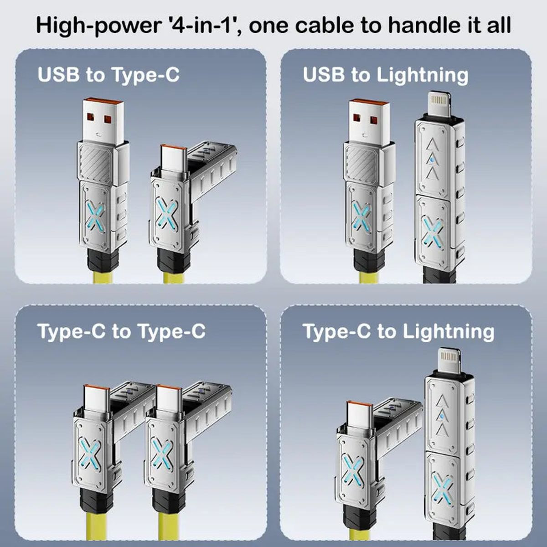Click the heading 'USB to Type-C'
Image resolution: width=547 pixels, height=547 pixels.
108,75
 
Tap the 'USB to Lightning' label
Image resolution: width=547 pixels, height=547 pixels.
385,75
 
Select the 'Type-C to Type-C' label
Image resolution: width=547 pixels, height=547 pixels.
121,331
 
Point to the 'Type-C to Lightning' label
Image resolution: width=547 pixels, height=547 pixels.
398,331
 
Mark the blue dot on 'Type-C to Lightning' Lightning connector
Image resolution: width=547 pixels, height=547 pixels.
441,416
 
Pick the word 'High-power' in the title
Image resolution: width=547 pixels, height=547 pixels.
93,26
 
